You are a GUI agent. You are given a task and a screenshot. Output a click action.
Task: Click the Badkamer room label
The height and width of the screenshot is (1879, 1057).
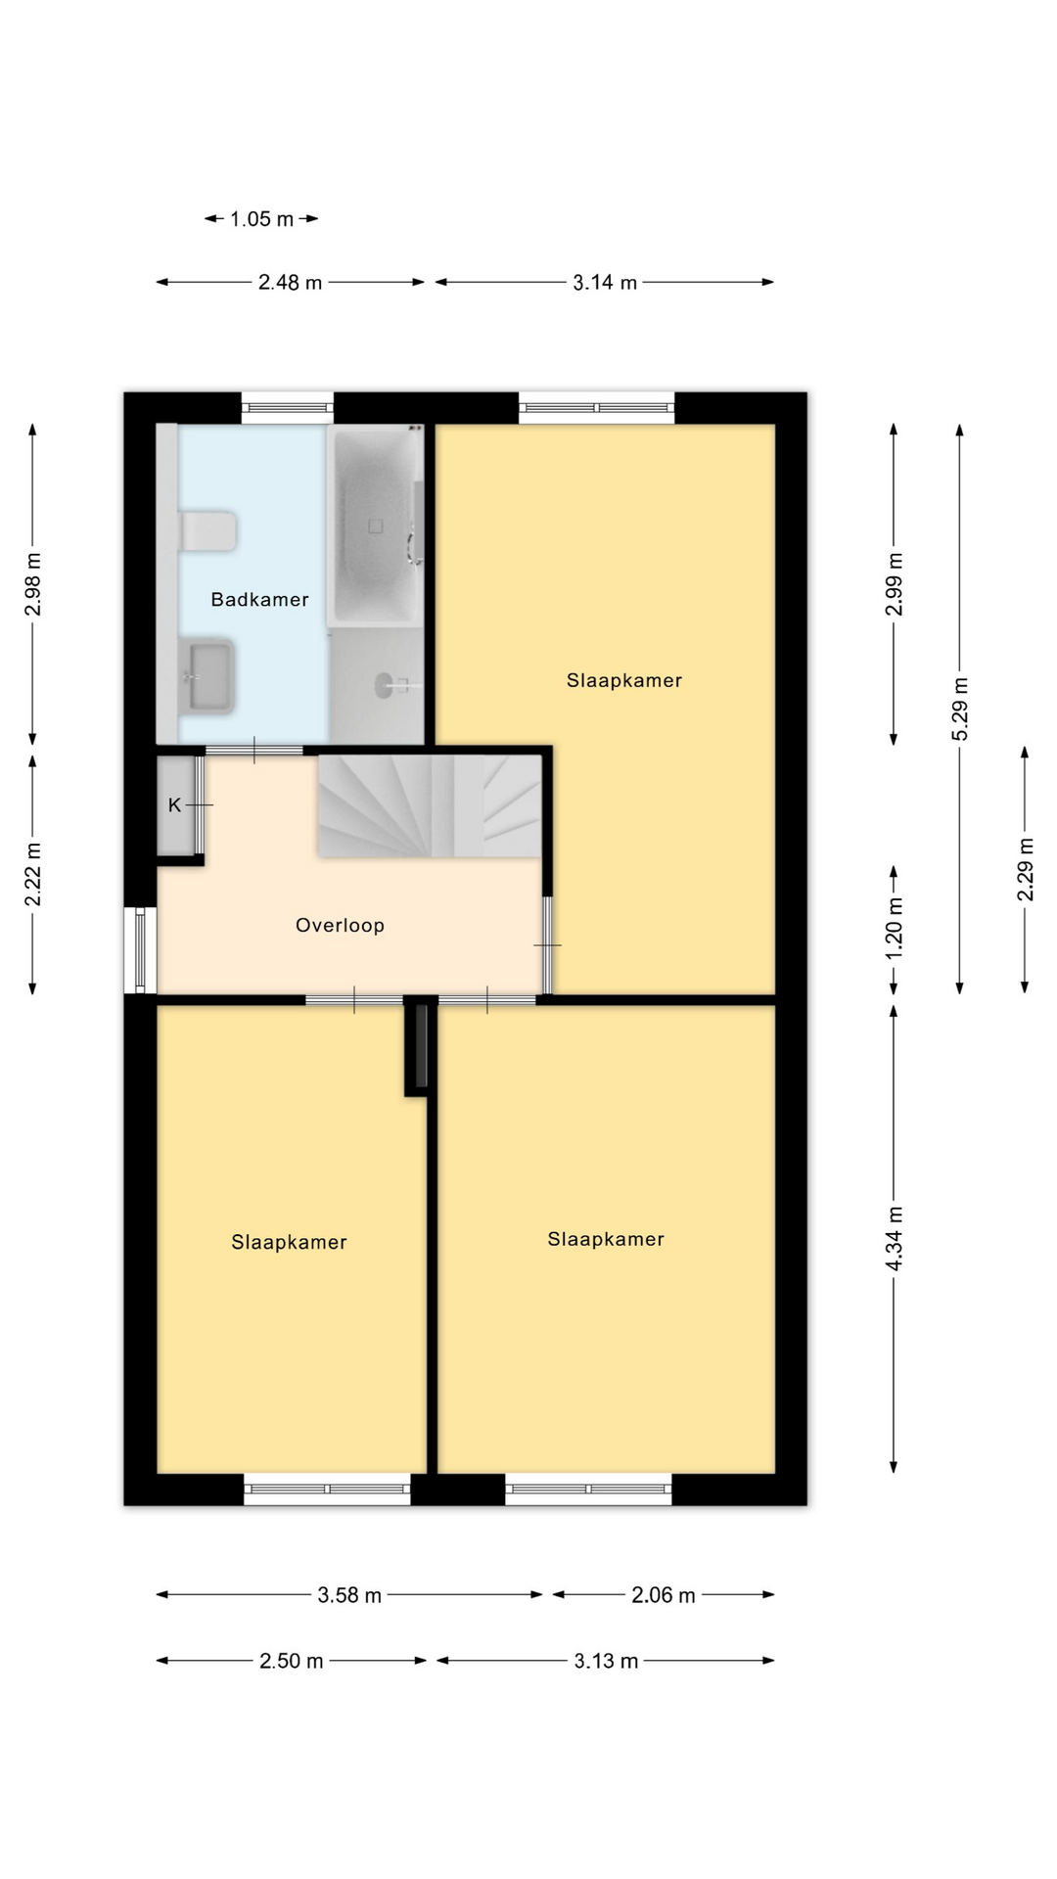(259, 600)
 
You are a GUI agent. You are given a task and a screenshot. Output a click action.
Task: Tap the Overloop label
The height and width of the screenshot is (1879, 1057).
(340, 926)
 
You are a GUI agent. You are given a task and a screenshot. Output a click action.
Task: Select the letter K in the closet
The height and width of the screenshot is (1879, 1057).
(174, 805)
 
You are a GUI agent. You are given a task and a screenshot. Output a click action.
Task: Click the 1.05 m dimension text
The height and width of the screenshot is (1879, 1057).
(261, 219)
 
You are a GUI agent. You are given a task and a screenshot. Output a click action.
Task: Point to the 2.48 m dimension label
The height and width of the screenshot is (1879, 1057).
(290, 283)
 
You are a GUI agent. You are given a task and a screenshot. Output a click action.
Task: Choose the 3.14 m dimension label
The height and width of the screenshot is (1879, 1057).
(605, 283)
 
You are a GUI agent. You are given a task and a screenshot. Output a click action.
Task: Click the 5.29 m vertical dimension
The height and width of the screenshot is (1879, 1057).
(960, 709)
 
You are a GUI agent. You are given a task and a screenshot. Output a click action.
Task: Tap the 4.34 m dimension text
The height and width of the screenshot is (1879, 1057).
(895, 1239)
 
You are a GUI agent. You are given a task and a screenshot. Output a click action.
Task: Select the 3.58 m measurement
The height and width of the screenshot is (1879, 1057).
(349, 1595)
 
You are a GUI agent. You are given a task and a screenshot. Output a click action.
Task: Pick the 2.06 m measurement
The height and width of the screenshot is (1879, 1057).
(664, 1595)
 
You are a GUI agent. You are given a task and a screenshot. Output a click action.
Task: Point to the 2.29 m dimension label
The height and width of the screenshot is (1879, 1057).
(1026, 870)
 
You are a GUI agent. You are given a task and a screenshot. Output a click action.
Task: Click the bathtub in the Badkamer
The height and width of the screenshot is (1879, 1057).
(375, 526)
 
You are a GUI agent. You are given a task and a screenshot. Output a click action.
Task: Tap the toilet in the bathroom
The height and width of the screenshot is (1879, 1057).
(207, 531)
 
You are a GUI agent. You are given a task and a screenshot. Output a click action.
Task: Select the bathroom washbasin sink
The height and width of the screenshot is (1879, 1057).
(207, 675)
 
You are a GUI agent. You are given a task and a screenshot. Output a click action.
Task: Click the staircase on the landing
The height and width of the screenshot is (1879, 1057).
(430, 806)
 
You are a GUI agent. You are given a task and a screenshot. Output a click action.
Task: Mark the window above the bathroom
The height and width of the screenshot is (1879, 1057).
(288, 408)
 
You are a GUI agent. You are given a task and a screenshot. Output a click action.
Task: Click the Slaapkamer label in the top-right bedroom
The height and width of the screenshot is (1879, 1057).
(624, 681)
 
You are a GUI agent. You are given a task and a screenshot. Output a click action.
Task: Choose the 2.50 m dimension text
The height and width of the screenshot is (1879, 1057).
(292, 1662)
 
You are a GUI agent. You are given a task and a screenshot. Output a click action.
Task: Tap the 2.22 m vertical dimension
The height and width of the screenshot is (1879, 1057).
(33, 875)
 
